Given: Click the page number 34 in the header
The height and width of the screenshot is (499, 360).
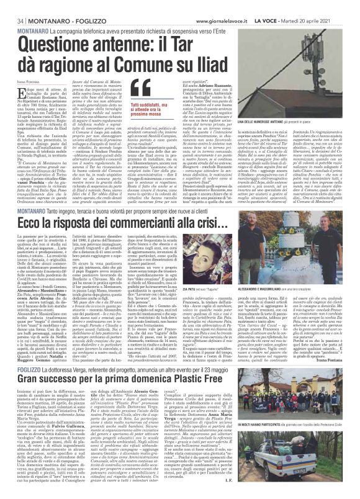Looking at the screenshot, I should [12, 5].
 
